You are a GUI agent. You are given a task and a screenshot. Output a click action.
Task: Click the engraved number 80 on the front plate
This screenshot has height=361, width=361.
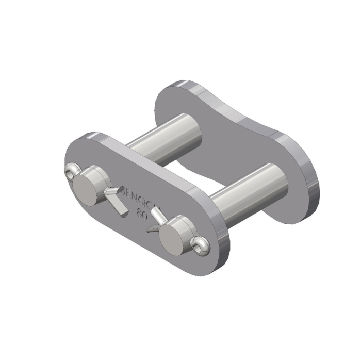coord(140,210)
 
